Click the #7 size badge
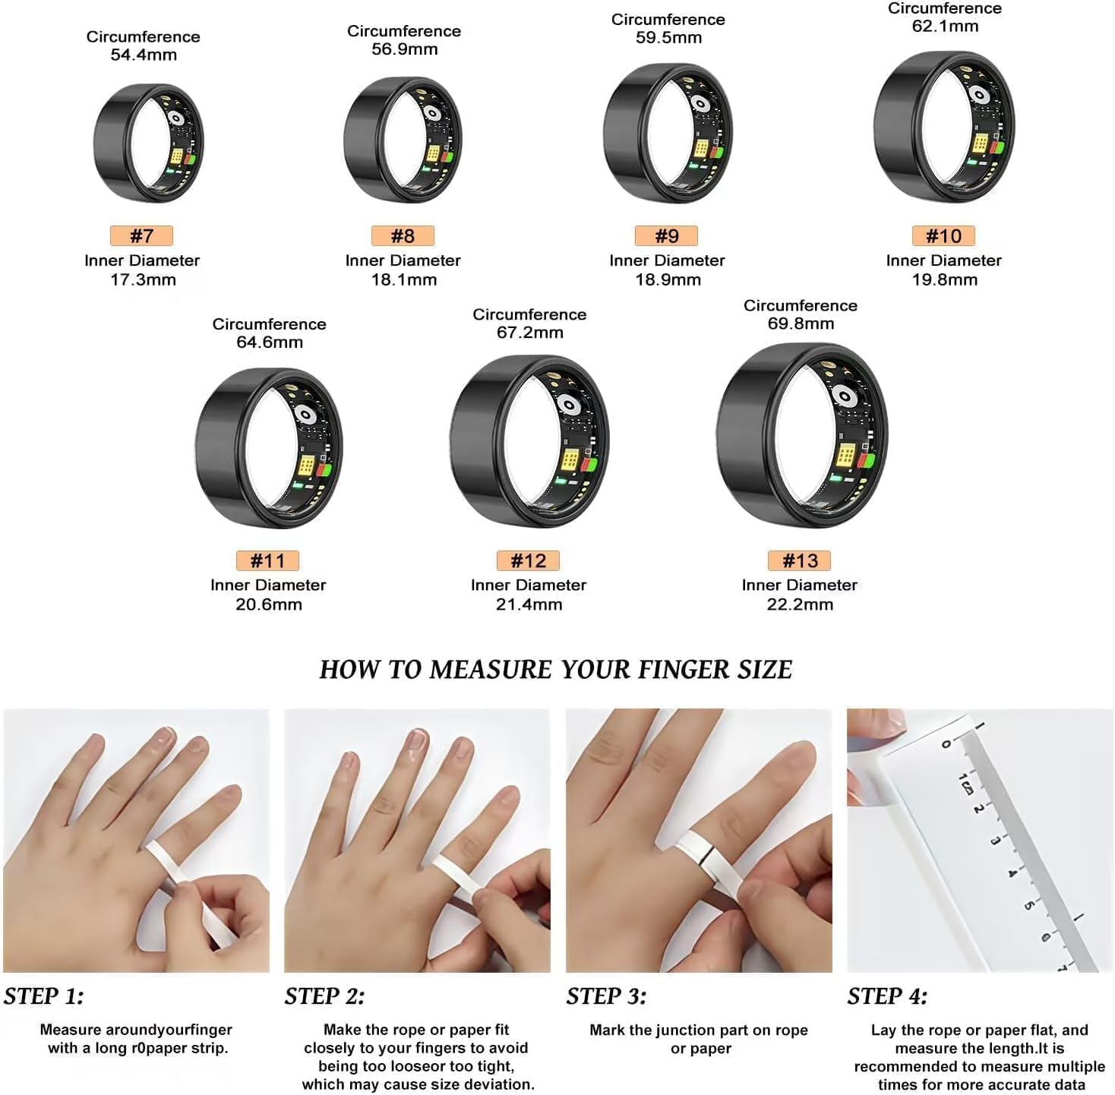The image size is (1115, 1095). point(141,235)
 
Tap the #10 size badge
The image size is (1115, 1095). point(943,235)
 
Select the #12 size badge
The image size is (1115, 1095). point(528,560)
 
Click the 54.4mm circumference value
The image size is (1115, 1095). point(144,55)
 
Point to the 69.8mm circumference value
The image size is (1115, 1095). point(801,323)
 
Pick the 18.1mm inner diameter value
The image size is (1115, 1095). point(404,279)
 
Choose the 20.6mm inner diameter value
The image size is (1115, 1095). point(268,604)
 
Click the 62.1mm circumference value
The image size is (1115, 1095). point(945,26)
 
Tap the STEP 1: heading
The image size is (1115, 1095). point(44,996)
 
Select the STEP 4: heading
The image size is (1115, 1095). point(888,996)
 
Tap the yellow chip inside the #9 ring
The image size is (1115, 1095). point(701,148)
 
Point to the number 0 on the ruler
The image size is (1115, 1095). point(946,744)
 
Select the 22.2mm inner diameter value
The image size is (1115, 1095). point(801,604)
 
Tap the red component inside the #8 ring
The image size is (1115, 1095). point(446,156)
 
